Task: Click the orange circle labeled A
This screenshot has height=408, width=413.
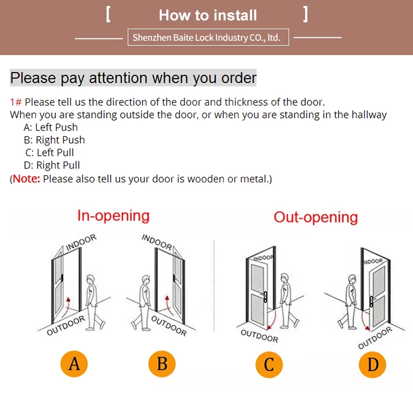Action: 74,364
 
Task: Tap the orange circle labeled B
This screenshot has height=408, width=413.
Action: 162,364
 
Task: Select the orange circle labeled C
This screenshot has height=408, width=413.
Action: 269,365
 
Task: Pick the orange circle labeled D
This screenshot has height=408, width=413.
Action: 372,365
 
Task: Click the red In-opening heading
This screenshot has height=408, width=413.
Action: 113,216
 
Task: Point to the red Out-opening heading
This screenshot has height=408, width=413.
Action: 316,217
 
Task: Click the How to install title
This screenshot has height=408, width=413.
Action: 208,15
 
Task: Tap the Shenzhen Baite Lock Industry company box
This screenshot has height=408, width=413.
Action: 208,37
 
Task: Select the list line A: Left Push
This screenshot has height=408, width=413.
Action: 51,128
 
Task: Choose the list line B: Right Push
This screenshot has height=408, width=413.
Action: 55,140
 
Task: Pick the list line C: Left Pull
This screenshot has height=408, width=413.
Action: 50,153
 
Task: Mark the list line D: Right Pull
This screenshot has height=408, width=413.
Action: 52,165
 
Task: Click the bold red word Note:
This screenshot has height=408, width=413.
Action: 26,179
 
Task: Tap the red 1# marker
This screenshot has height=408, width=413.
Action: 16,102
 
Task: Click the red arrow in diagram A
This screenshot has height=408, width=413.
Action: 66,308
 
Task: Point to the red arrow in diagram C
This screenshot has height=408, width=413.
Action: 272,320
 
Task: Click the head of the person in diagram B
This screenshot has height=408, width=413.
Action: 146,280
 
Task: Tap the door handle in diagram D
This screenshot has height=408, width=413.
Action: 371,302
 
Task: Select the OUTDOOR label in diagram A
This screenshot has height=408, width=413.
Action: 66,325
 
